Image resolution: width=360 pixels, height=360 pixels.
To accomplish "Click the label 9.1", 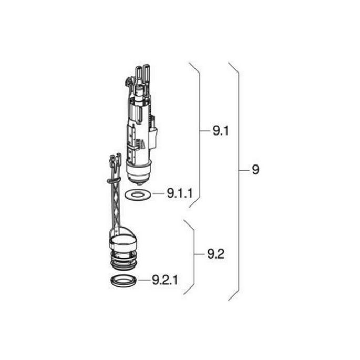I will [221, 131].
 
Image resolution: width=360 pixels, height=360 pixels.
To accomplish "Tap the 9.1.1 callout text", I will [179, 194].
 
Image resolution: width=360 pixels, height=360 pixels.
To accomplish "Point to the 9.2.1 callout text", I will [164, 281].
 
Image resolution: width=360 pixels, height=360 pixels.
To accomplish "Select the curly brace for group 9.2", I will [192, 255].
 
